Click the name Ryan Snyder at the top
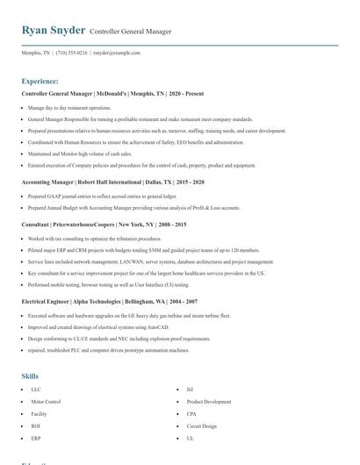[x=54, y=31]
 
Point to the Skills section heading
[x=30, y=376]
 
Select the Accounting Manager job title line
[x=112, y=182]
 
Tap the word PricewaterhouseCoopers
[x=83, y=225]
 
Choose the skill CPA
[x=191, y=413]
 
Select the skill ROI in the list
[x=35, y=426]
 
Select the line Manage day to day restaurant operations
[x=69, y=108]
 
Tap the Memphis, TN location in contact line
[x=36, y=53]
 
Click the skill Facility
[x=39, y=413]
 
